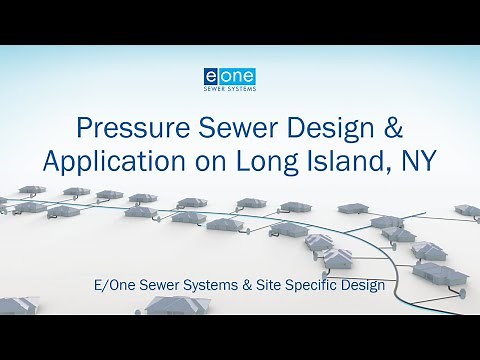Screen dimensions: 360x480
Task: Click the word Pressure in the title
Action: (x=128, y=129)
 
